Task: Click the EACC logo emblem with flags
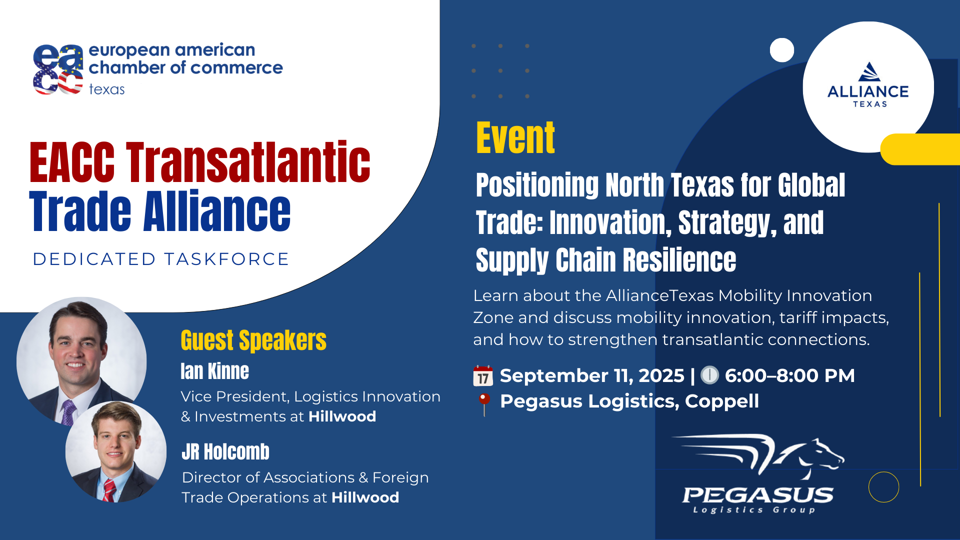(x=58, y=69)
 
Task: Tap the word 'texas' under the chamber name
(x=106, y=89)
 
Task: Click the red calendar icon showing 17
(x=483, y=376)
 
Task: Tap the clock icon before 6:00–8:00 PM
(x=709, y=375)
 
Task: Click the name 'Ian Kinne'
(x=215, y=371)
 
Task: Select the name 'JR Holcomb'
(x=225, y=451)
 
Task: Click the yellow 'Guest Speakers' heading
(x=253, y=340)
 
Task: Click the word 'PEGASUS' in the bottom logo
(x=758, y=495)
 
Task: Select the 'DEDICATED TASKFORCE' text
(x=161, y=259)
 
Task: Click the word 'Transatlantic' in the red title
(x=248, y=162)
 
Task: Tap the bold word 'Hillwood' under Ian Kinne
(x=342, y=416)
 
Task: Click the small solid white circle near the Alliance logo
(x=782, y=50)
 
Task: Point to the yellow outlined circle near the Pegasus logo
(x=884, y=472)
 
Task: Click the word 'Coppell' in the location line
(x=722, y=401)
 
